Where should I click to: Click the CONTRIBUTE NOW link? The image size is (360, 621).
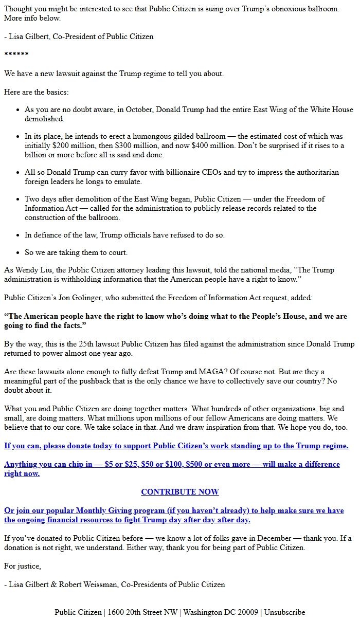coord(179,492)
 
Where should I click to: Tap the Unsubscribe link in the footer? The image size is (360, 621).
coord(284,612)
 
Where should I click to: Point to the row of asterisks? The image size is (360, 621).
coord(16,55)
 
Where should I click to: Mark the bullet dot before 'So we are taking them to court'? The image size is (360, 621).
coord(19,253)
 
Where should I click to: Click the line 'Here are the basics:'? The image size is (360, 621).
coord(36,92)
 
